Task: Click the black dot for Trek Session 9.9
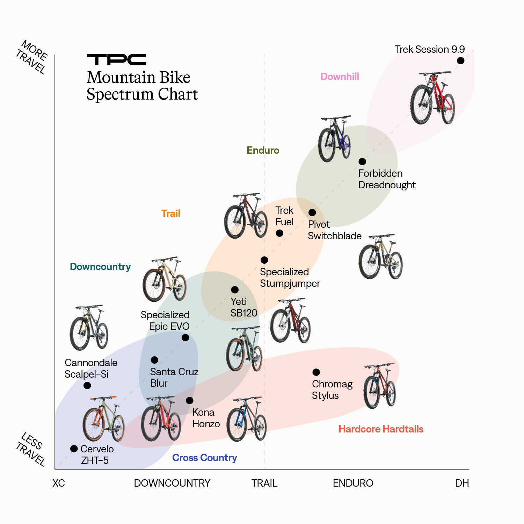click(x=460, y=61)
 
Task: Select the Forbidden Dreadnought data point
click(x=362, y=161)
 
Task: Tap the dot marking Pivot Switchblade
click(x=312, y=212)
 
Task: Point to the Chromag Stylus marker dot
click(x=316, y=372)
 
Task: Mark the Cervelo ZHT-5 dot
click(x=74, y=449)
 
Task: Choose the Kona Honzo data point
click(x=189, y=400)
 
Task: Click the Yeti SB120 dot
click(x=235, y=290)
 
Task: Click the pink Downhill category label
click(x=340, y=77)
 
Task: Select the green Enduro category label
click(x=263, y=151)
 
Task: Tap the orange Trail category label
click(x=170, y=213)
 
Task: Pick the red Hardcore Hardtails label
click(x=381, y=429)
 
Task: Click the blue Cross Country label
click(x=204, y=458)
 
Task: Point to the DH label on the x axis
click(x=462, y=483)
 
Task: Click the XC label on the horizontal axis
click(x=59, y=483)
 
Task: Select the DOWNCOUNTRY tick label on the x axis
click(x=172, y=483)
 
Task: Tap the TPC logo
click(x=116, y=60)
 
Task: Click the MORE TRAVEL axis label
click(x=32, y=57)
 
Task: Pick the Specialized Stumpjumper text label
click(x=290, y=278)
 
